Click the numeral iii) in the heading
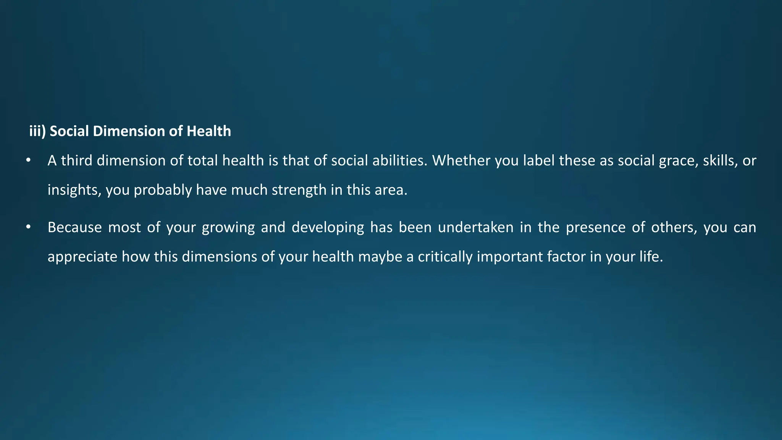pos(37,131)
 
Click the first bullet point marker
pos(28,160)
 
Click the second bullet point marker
pos(28,227)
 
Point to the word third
pos(77,161)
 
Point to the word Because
pos(74,228)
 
